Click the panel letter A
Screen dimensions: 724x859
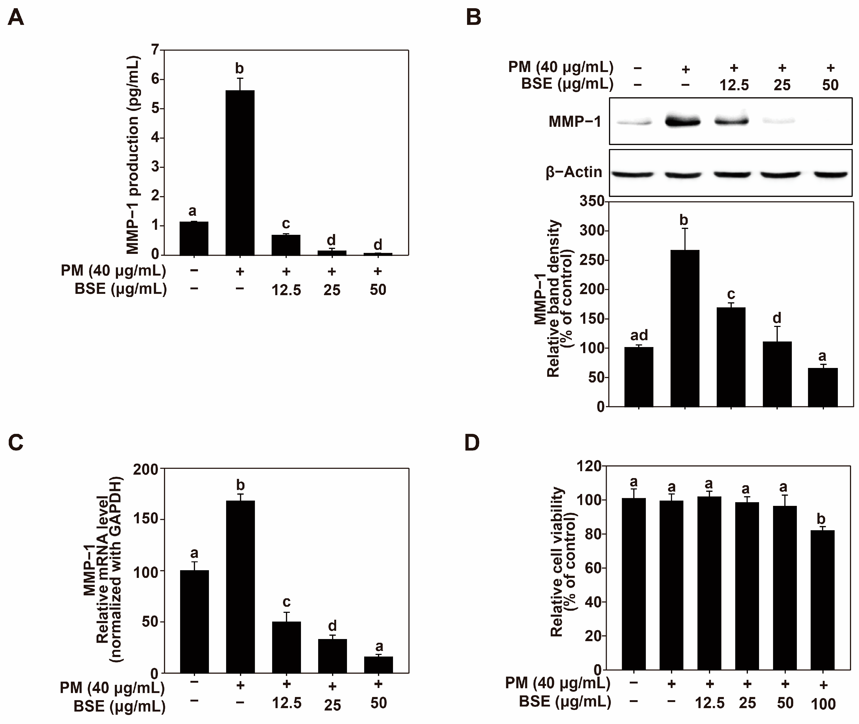tap(16, 18)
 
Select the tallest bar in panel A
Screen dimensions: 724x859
tap(240, 172)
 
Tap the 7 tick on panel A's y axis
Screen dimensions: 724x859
tap(154, 50)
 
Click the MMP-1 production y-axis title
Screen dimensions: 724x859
tap(132, 155)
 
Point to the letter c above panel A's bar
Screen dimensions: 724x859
tap(286, 224)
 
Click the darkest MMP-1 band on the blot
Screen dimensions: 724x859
tap(682, 122)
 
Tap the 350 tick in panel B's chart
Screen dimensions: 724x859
tap(592, 201)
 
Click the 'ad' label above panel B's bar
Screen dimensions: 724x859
tap(639, 335)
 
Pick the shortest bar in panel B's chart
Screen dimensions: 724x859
tap(823, 387)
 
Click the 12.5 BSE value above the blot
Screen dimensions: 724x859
tap(734, 85)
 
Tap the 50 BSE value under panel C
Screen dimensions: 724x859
tap(378, 703)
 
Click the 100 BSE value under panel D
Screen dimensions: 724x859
tap(823, 704)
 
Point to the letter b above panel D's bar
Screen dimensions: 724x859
tap(821, 519)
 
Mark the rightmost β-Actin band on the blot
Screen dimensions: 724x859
tap(830, 174)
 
